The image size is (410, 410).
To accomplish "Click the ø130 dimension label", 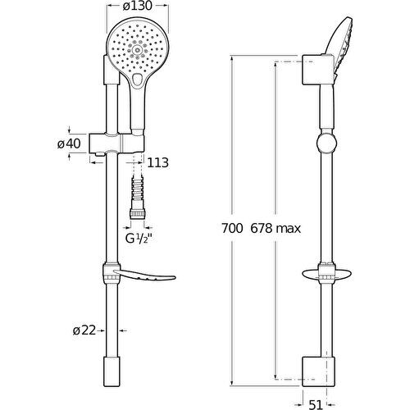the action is pyautogui.click(x=137, y=7).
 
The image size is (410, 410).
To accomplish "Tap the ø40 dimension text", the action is pyautogui.click(x=69, y=143).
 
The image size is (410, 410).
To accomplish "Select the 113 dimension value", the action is pyautogui.click(x=158, y=163).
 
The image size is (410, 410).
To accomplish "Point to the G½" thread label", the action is pyautogui.click(x=139, y=239).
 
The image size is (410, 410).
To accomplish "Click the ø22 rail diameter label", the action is pyautogui.click(x=84, y=330).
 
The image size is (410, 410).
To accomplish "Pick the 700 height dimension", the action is pyautogui.click(x=232, y=229).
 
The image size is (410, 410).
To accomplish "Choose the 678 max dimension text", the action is pyautogui.click(x=276, y=229).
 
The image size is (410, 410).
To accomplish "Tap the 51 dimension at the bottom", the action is pyautogui.click(x=316, y=404).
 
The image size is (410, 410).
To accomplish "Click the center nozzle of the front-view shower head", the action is pyautogui.click(x=137, y=50).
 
